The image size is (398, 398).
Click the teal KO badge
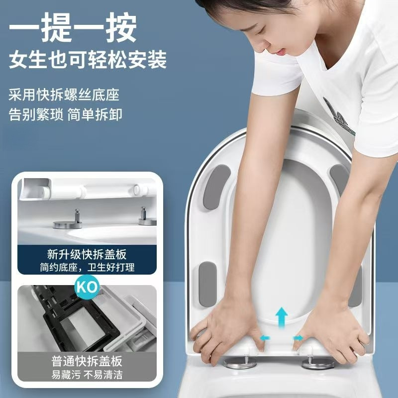coord(87,287)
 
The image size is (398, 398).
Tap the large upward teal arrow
coord(282,317)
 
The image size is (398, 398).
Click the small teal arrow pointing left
coord(265,338)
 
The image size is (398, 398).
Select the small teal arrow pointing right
coord(298,338)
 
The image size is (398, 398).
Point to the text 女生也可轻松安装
coord(88,60)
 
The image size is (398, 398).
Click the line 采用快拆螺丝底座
coord(64,95)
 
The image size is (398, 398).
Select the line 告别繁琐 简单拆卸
coord(65,114)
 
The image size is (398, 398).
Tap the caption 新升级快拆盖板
coord(87,255)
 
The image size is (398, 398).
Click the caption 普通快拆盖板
coord(87,361)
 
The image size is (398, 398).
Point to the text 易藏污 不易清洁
coord(87,375)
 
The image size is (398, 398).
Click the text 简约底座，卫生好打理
coord(87,267)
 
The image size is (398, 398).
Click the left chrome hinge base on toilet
coord(240,362)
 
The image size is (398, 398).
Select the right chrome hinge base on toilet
coord(318,362)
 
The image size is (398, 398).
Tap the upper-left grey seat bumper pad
coord(216,187)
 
